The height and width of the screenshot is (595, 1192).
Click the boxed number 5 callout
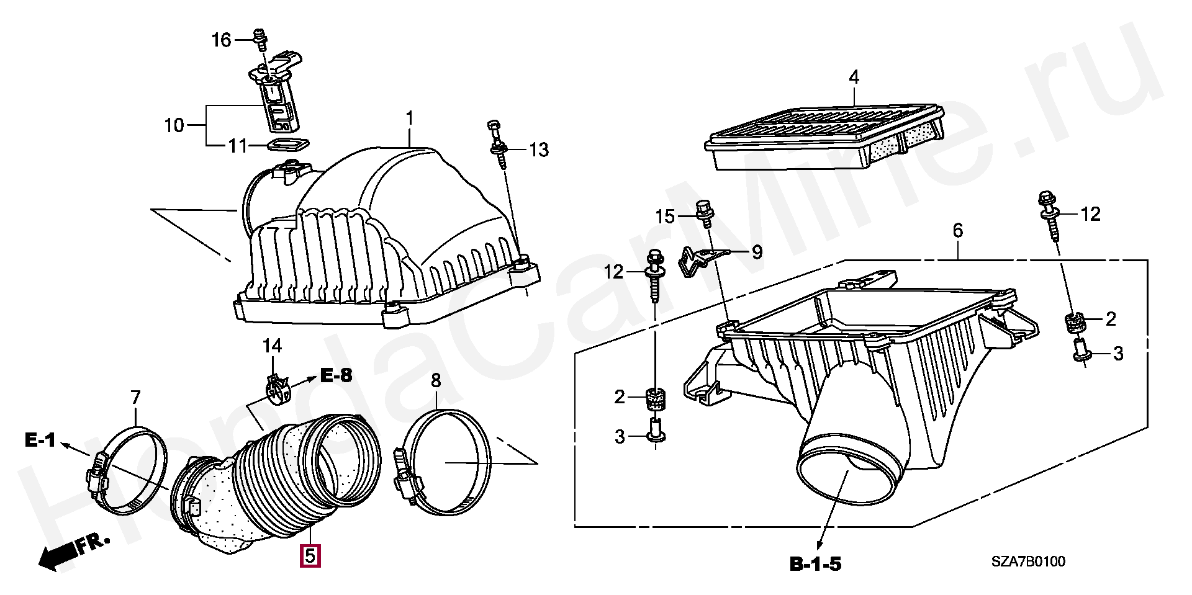click(x=310, y=555)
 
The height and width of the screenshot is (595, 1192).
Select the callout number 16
click(x=221, y=40)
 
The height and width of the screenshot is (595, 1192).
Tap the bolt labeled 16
click(x=261, y=38)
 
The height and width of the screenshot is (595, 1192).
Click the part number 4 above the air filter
click(x=854, y=78)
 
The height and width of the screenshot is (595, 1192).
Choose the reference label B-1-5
click(x=815, y=564)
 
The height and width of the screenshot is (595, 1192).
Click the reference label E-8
click(x=336, y=375)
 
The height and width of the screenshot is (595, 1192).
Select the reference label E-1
click(x=40, y=440)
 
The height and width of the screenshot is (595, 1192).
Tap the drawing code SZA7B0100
click(x=1027, y=561)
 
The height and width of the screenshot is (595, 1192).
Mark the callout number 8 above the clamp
click(x=436, y=380)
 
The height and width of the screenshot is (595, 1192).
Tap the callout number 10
click(x=174, y=125)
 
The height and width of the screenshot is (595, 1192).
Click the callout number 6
click(x=958, y=231)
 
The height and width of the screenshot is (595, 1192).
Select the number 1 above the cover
click(x=410, y=118)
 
